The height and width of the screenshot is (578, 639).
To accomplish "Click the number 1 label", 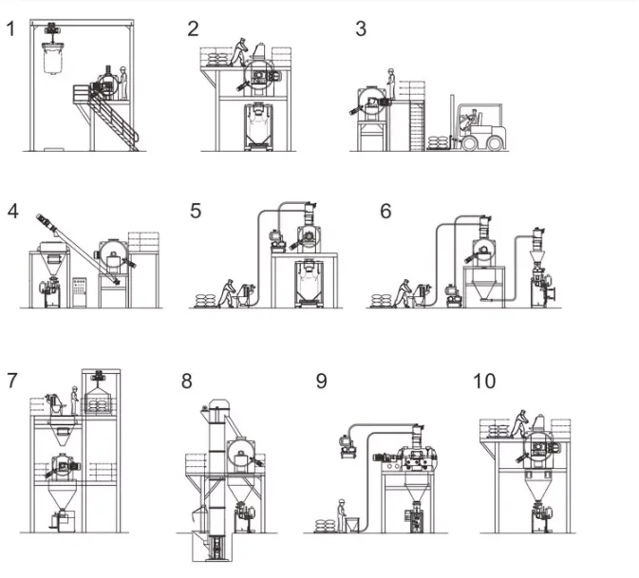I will click(11, 28).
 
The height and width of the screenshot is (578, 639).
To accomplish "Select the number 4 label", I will click(12, 210).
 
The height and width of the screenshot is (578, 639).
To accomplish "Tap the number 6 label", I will click(385, 211).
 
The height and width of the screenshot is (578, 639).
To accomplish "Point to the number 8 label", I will click(187, 382).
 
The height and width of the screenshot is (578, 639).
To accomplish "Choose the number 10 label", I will click(483, 381).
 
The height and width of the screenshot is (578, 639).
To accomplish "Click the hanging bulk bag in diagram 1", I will click(53, 57).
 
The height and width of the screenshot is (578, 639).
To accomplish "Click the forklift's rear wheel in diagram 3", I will click(494, 142).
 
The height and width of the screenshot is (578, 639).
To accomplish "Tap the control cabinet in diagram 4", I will click(80, 290).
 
